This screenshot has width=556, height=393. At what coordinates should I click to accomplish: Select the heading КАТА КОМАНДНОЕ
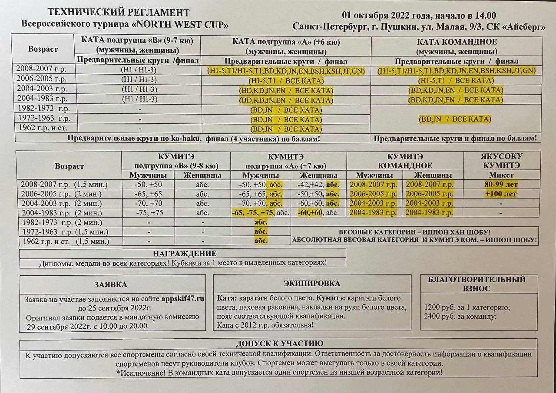pos(457,42)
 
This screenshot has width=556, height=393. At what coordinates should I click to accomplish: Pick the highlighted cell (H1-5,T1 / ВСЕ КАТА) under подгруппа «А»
pos(286,80)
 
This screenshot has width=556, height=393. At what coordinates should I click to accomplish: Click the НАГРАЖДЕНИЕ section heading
pos(185,253)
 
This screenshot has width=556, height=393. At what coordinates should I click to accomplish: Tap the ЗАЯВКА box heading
pos(111,285)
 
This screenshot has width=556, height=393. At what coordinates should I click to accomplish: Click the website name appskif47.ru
pos(182,299)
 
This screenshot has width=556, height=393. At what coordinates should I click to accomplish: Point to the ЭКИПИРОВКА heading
pos(312,284)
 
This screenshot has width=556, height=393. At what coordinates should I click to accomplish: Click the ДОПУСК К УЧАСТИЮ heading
pos(279,343)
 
